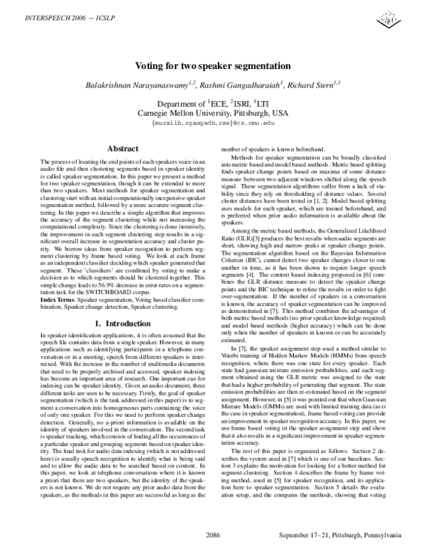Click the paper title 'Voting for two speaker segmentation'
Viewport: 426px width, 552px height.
(x=213, y=65)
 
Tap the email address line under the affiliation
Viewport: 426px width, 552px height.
(x=213, y=122)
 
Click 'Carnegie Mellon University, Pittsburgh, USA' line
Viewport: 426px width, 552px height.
(x=213, y=112)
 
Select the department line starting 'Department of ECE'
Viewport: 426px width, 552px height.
(x=213, y=103)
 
